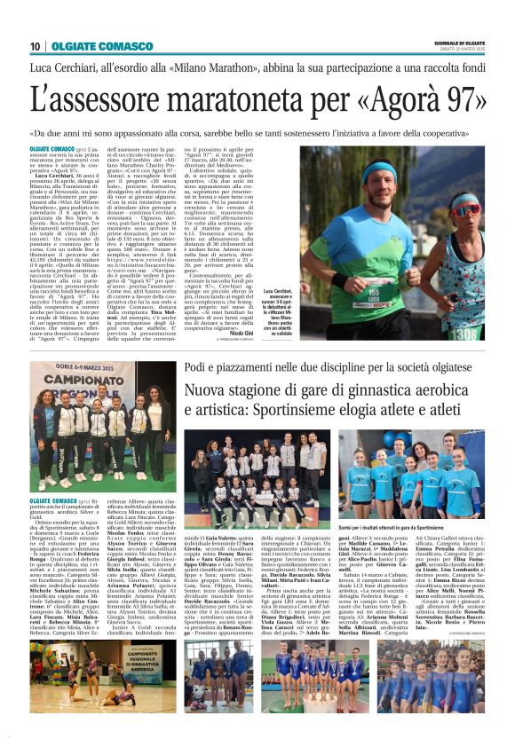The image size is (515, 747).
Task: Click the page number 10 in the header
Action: (x=35, y=46)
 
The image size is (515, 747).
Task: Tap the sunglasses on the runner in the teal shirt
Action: (x=463, y=200)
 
